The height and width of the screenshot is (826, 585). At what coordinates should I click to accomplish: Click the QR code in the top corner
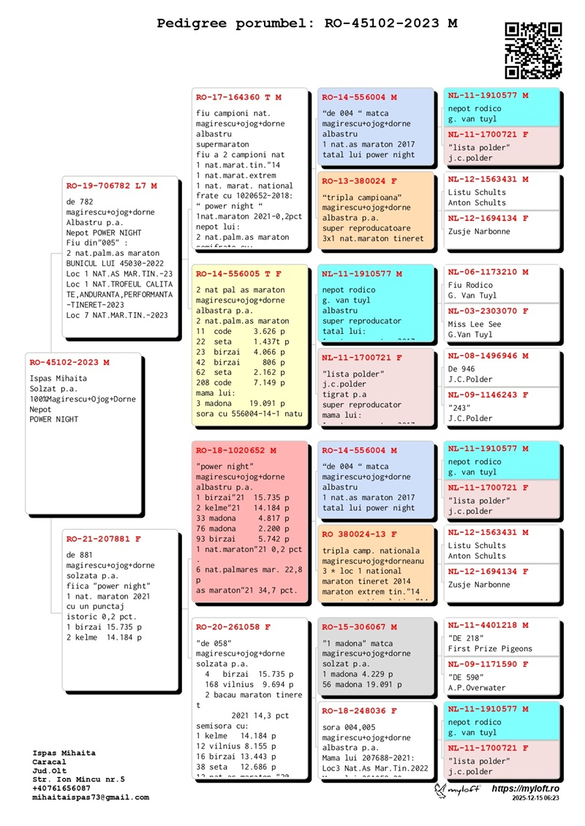click(534, 50)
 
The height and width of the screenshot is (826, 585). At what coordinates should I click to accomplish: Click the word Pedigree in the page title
click(192, 23)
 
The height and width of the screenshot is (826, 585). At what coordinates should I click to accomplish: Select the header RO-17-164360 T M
click(238, 97)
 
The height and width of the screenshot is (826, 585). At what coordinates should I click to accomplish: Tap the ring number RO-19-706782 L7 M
click(111, 186)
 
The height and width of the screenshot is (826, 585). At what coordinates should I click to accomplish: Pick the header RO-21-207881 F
click(103, 539)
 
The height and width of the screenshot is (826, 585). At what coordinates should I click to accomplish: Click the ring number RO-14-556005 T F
click(238, 274)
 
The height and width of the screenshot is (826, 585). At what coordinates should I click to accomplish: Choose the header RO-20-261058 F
click(233, 627)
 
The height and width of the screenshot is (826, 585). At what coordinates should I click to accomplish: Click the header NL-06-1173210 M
click(488, 272)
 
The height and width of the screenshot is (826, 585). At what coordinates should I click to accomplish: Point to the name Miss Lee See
click(475, 325)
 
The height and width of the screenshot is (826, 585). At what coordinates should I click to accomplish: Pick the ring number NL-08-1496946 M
click(488, 356)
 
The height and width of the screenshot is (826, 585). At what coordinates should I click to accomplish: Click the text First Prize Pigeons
click(490, 649)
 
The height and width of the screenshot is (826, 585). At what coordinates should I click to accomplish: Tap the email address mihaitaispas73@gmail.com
click(91, 797)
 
